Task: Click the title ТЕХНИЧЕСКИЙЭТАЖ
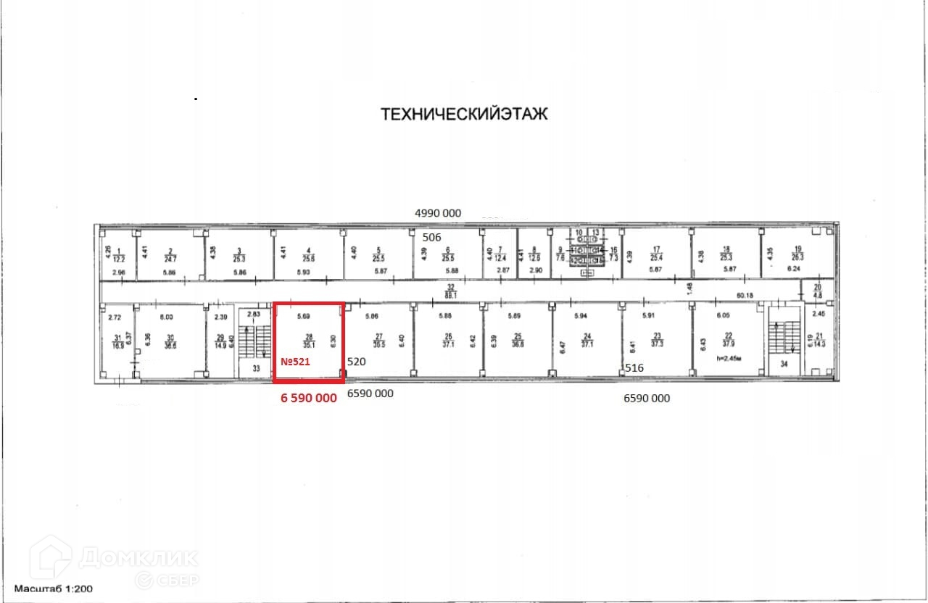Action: coord(464,114)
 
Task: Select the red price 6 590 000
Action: coord(309,398)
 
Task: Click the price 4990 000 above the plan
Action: coord(437,213)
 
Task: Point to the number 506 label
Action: coord(432,237)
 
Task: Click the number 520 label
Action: coord(357,361)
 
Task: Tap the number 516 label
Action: coord(634,368)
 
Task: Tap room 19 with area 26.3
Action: coord(797,253)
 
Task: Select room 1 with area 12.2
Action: coord(119,254)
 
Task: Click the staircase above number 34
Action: coord(782,337)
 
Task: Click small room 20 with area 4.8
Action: coord(817,291)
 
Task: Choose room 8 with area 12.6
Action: coord(535,254)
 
